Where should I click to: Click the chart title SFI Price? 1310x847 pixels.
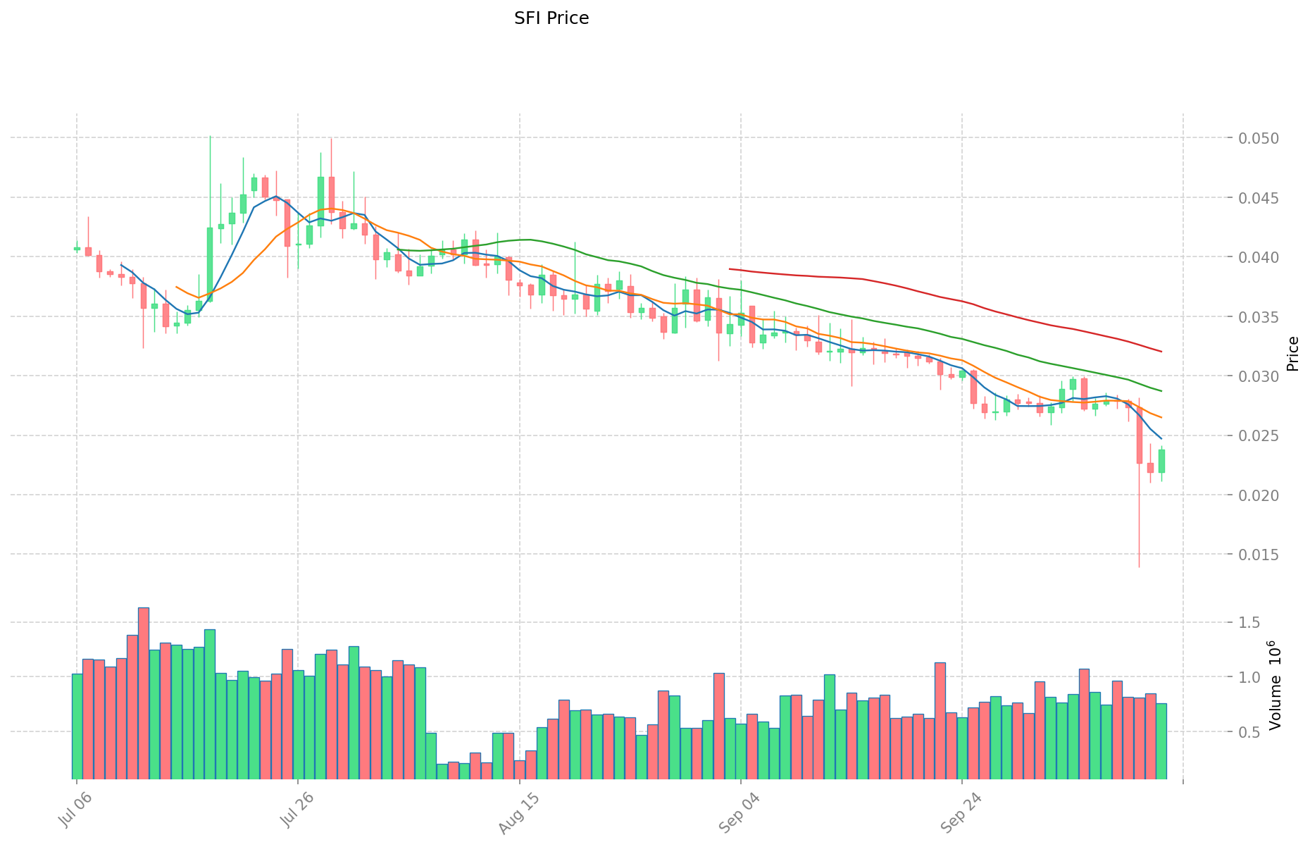551,18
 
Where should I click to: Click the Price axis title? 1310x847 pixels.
1292,354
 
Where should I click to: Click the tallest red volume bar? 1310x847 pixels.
144,694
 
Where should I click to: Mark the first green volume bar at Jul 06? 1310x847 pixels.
77,727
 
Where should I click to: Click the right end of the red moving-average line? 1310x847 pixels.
1161,352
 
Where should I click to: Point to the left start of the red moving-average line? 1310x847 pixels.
730,268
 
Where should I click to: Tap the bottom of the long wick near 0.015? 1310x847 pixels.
1139,567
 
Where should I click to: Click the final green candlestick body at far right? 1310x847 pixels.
1161,461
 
